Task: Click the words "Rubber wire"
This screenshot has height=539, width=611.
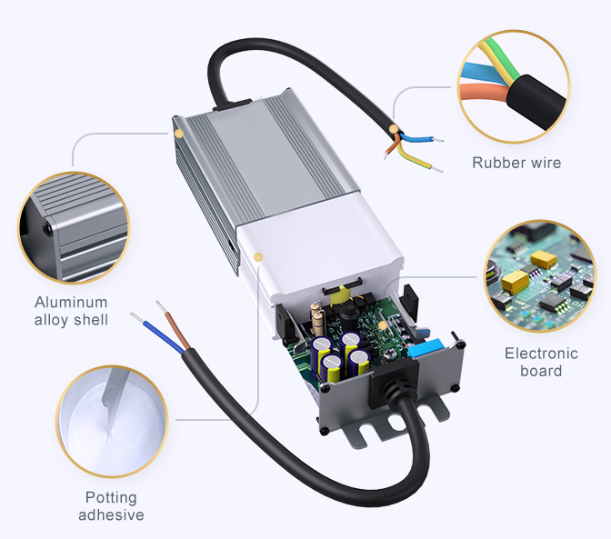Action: [x=516, y=164]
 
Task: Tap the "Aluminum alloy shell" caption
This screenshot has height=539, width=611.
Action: [x=71, y=311]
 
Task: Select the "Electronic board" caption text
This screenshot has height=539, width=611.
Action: [x=541, y=362]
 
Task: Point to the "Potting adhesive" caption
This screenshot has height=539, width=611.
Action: [x=111, y=506]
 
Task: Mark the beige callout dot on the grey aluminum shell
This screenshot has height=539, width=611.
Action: [x=179, y=134]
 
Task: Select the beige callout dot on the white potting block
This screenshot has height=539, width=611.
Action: [x=258, y=258]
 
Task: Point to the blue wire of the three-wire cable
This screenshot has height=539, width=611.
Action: [x=420, y=139]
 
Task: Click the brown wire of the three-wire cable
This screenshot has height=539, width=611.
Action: [x=392, y=145]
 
